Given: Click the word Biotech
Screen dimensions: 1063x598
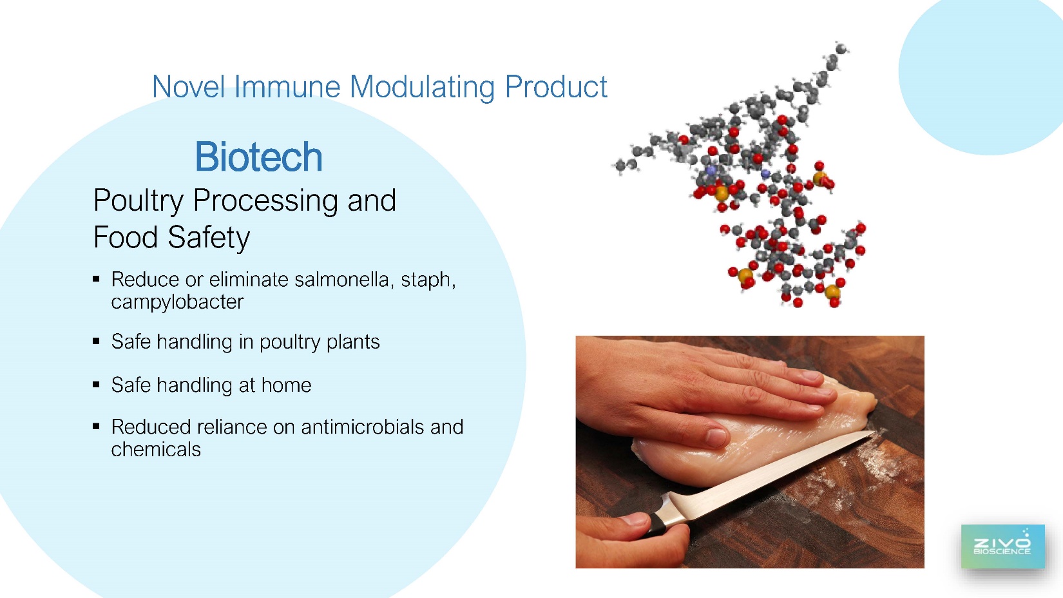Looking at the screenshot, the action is [258, 157].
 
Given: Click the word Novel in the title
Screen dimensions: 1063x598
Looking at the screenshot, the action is [188, 87].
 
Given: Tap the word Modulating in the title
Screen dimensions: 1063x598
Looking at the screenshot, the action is [423, 88].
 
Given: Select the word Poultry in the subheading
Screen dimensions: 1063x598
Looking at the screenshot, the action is [138, 201].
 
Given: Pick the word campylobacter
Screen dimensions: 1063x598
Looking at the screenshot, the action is [177, 302].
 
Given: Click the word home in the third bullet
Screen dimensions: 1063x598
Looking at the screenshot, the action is [287, 385].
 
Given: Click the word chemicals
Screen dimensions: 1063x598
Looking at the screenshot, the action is [156, 449].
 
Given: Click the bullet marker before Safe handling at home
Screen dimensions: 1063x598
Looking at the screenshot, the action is [97, 385].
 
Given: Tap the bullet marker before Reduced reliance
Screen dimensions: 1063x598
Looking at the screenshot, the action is [97, 426].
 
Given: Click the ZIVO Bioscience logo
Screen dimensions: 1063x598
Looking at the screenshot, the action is [1002, 546].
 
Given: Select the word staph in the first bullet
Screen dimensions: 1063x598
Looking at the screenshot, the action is [426, 280].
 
